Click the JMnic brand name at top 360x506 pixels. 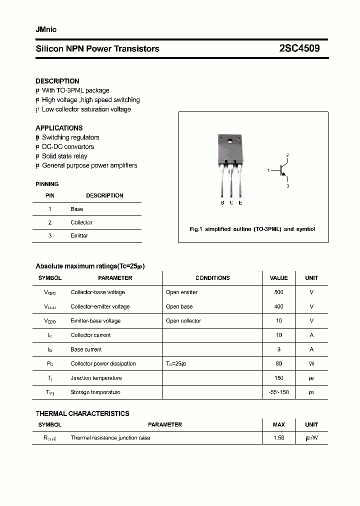(46, 29)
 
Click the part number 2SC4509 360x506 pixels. (299, 48)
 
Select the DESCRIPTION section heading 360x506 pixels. (57, 81)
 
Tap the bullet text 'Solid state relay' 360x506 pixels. (64, 156)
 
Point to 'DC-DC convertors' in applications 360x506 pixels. (67, 146)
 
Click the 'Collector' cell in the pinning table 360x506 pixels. (81, 222)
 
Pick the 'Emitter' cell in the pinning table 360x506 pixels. (79, 235)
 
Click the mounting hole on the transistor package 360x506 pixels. (230, 140)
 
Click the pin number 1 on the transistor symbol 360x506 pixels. (268, 170)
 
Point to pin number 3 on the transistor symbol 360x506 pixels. (287, 186)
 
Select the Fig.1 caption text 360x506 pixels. (252, 229)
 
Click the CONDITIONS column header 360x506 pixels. (212, 278)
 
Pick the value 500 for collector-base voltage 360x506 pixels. (278, 292)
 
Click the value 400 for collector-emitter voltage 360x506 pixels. (278, 306)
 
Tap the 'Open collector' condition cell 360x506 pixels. (183, 321)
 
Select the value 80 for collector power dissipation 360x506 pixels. (278, 363)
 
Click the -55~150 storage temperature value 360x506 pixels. (278, 392)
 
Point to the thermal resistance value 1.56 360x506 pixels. (278, 437)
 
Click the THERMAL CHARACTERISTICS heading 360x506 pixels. (82, 413)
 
